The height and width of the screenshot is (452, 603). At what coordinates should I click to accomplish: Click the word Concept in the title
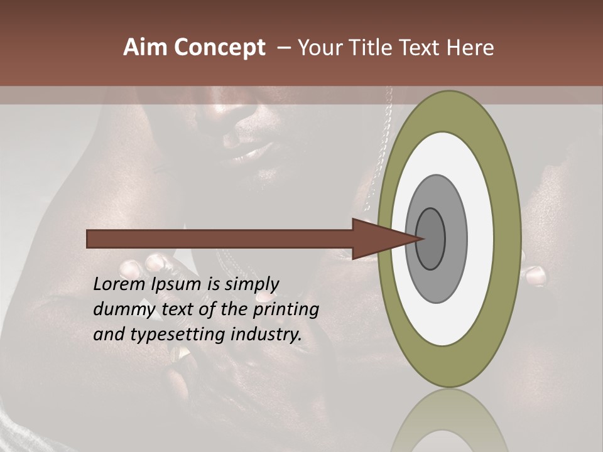tap(220, 48)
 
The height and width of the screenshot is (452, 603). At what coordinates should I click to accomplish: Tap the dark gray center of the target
tap(431, 239)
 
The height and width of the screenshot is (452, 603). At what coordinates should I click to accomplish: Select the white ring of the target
tap(480, 239)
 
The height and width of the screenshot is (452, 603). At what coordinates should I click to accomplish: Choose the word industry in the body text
tap(266, 334)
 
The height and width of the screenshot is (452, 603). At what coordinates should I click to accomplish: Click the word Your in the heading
tap(318, 48)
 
